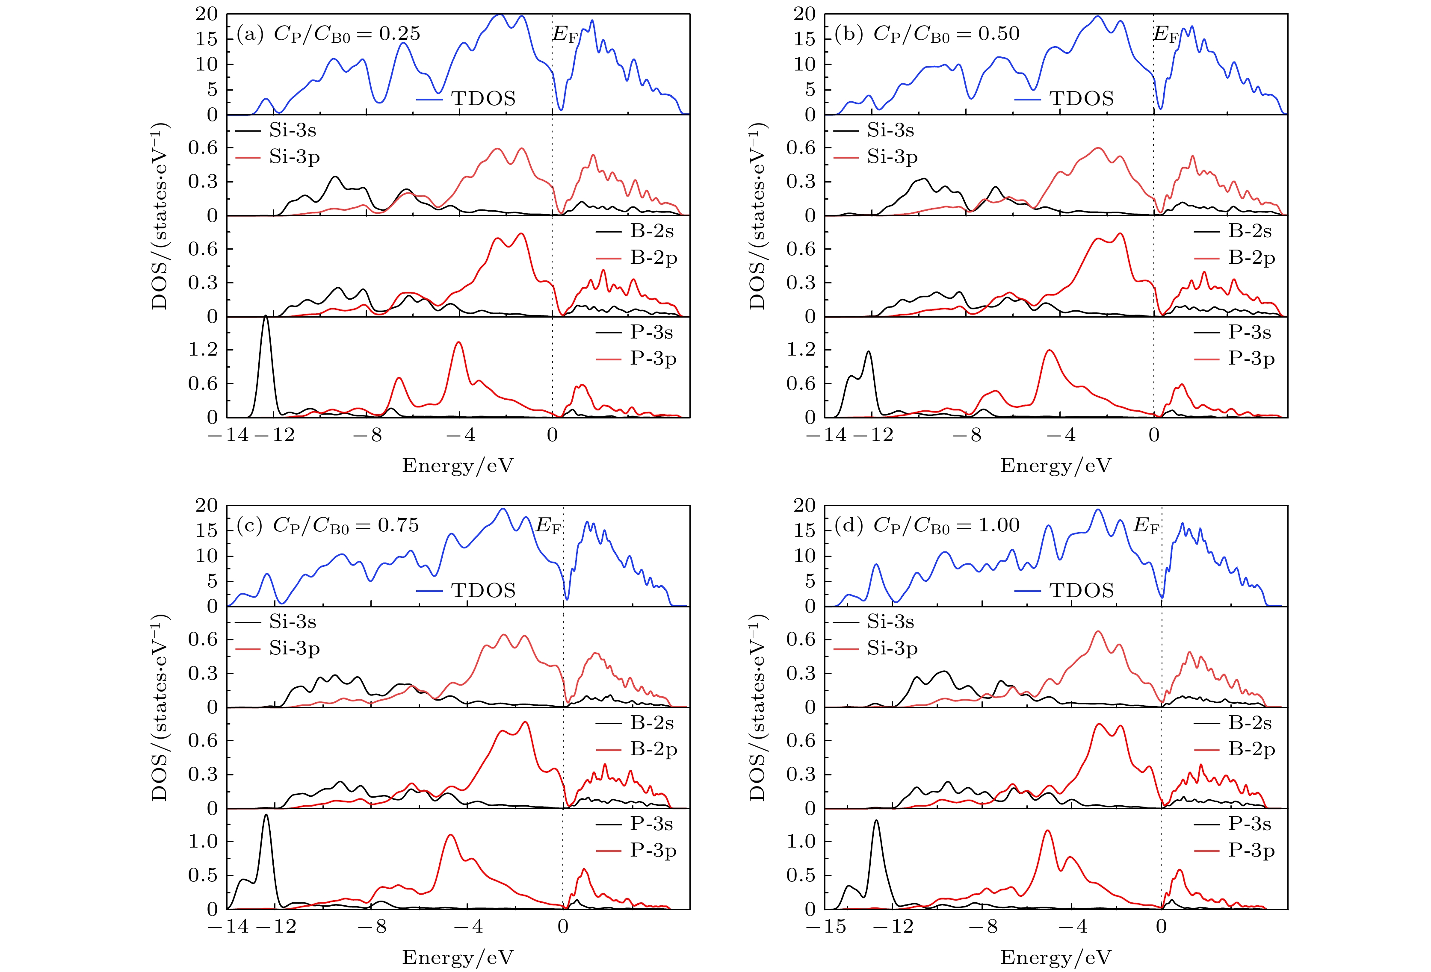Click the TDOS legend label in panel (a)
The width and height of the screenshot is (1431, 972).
483,98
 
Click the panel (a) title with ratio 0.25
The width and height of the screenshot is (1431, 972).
328,34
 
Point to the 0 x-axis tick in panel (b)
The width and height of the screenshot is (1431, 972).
1154,435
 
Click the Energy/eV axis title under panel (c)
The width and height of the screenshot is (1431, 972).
458,957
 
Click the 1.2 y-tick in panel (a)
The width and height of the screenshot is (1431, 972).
203,350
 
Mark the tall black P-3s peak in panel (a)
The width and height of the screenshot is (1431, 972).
266,316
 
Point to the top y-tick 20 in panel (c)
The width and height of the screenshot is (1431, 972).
206,505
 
